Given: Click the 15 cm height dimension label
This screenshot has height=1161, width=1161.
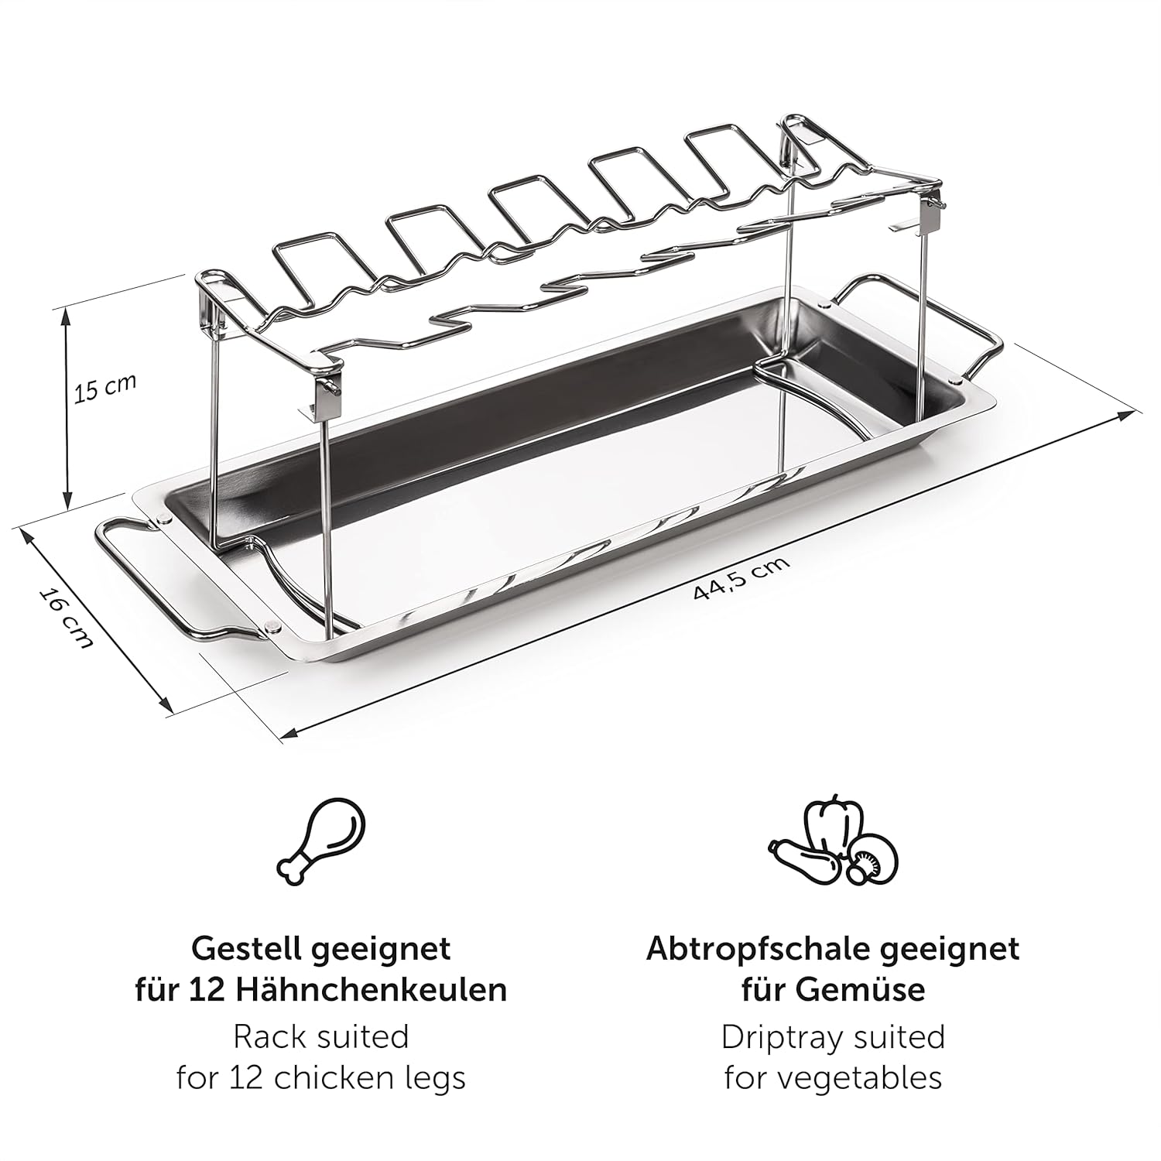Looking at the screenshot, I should pos(104,388).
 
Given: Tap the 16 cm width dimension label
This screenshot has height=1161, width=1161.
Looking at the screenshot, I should pos(67,618).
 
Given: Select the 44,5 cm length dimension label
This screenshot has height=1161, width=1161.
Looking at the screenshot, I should pos(741,578).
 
